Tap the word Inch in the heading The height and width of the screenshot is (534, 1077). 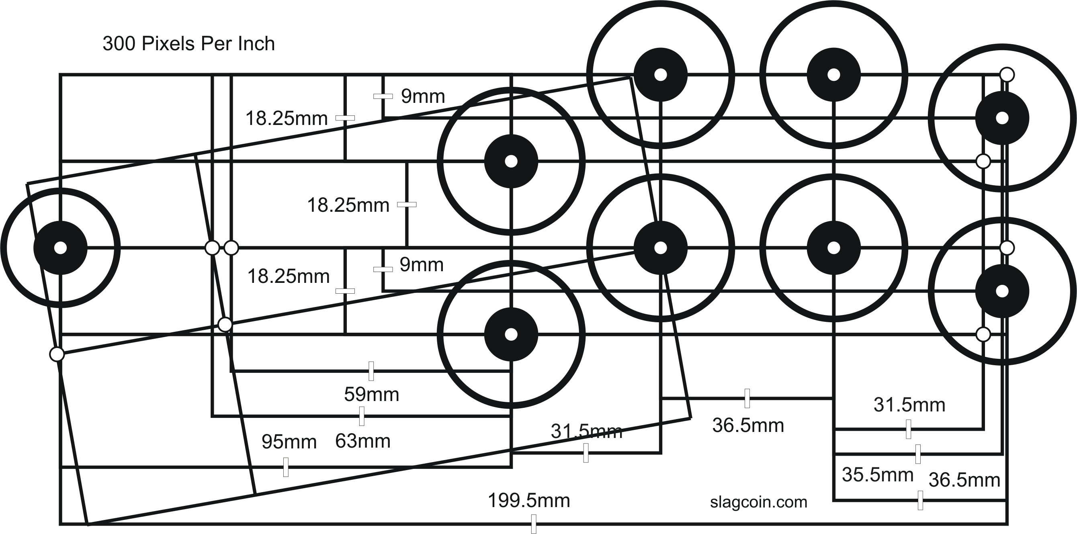256,44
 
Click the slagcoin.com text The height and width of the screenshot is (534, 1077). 758,502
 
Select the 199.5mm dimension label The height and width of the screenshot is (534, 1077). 529,501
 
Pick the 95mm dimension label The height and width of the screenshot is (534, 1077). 289,442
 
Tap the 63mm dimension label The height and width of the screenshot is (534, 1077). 362,441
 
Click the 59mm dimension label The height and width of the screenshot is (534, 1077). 371,394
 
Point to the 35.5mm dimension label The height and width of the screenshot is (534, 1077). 877,475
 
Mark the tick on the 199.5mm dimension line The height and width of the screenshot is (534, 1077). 534,524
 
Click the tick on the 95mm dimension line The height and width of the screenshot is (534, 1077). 286,467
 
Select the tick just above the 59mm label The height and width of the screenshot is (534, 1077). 371,371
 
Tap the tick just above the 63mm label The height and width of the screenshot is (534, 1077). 362,416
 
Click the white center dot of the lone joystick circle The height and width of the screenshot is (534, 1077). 61,248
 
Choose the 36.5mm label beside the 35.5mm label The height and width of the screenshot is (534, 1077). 964,480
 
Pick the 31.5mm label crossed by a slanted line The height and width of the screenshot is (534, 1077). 586,431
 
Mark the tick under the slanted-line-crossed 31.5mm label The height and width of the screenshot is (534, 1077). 586,453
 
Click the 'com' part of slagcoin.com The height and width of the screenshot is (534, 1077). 793,502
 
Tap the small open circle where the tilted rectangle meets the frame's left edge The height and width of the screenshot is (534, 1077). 57,354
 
